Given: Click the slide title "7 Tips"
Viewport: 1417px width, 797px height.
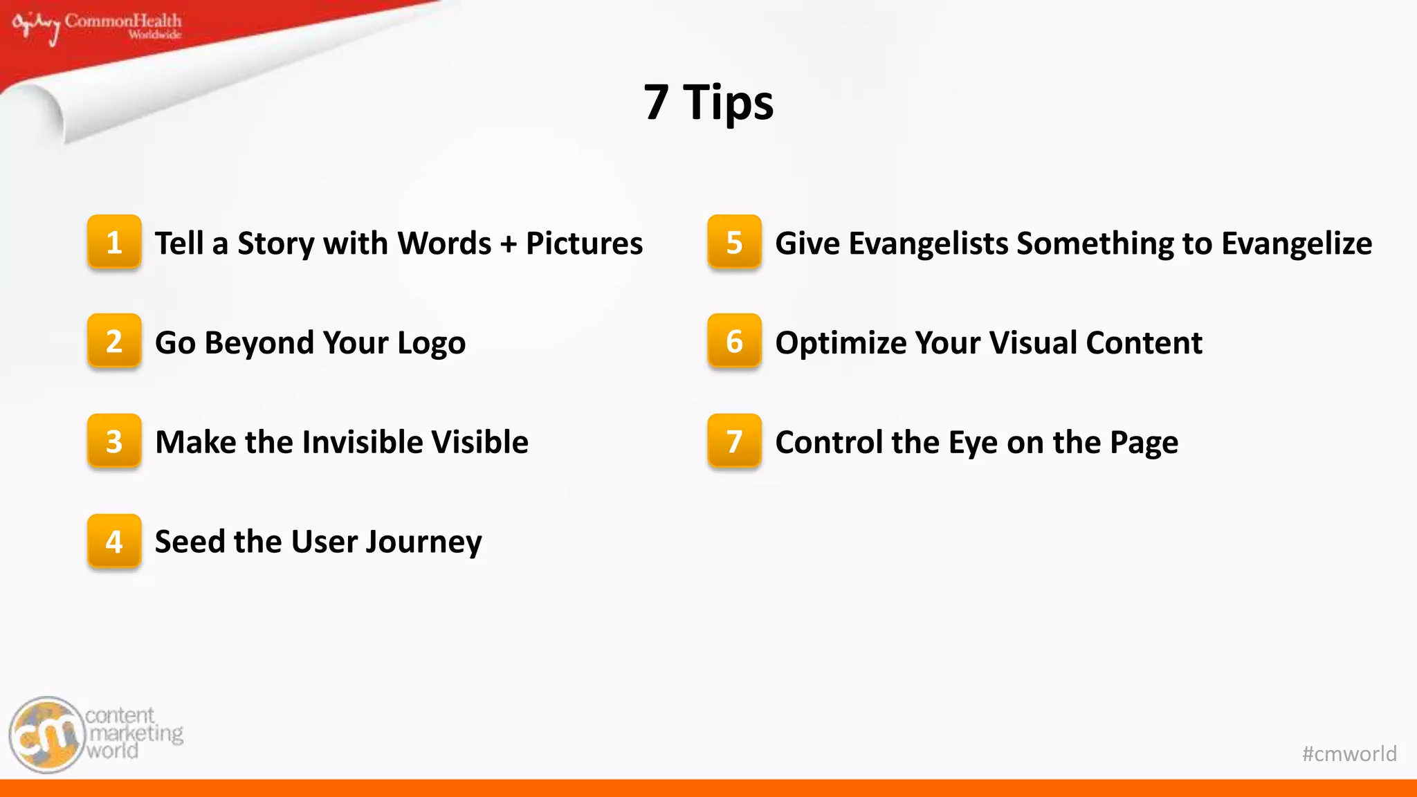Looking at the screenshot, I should pyautogui.click(x=708, y=102).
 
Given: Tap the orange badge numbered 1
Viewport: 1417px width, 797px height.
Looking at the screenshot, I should pyautogui.click(x=114, y=242).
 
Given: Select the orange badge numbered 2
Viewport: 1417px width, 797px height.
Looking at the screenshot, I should pyautogui.click(x=114, y=341).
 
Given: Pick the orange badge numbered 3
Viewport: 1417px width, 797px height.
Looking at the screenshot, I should pyautogui.click(x=114, y=441).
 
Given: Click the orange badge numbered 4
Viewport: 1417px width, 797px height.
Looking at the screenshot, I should pyautogui.click(x=114, y=541).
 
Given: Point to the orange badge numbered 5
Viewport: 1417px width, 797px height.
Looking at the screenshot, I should pyautogui.click(x=734, y=242).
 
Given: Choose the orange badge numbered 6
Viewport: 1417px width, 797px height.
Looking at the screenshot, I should pyautogui.click(x=734, y=341).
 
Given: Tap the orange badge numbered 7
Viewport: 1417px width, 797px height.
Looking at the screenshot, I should pyautogui.click(x=734, y=441).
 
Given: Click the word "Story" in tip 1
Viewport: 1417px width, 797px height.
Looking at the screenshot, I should pyautogui.click(x=275, y=244).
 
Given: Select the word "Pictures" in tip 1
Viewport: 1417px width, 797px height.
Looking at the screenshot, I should pyautogui.click(x=584, y=244).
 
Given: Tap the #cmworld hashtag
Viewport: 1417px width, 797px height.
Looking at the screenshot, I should pyautogui.click(x=1349, y=753).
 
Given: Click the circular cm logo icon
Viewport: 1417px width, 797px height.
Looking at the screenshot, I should pyautogui.click(x=47, y=735).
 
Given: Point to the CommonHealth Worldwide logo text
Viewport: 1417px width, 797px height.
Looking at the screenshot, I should pyautogui.click(x=123, y=25).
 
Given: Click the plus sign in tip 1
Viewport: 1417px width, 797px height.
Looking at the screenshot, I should pyautogui.click(x=509, y=244).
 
